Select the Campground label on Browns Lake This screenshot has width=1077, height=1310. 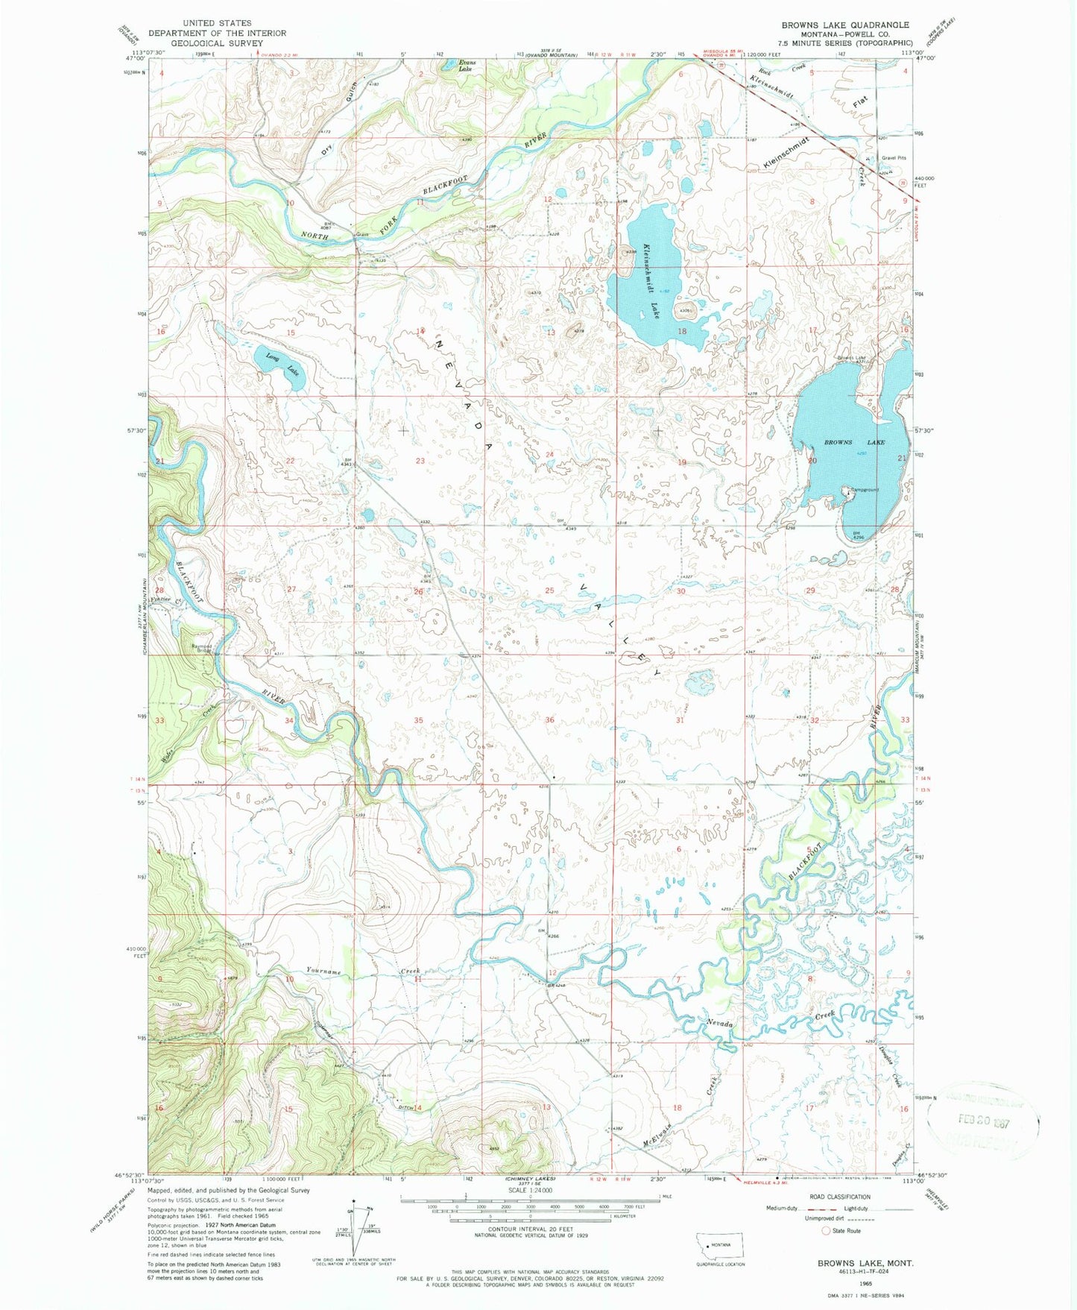pos(863,490)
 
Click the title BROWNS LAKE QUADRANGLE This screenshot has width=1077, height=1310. pos(845,25)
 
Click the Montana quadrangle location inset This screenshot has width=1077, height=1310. pos(717,1246)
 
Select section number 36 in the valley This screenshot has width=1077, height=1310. pos(549,719)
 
